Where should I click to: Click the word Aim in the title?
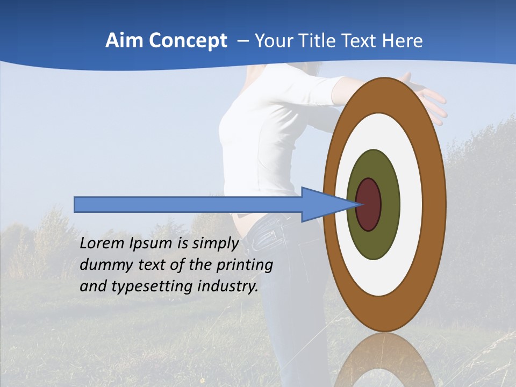tap(122, 40)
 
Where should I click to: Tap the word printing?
tap(245, 265)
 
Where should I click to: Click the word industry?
tap(228, 286)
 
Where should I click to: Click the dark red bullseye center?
tap(369, 204)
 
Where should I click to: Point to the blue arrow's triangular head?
tap(322, 204)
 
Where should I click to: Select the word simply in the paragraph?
tap(215, 243)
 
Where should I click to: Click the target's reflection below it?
tap(384, 360)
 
